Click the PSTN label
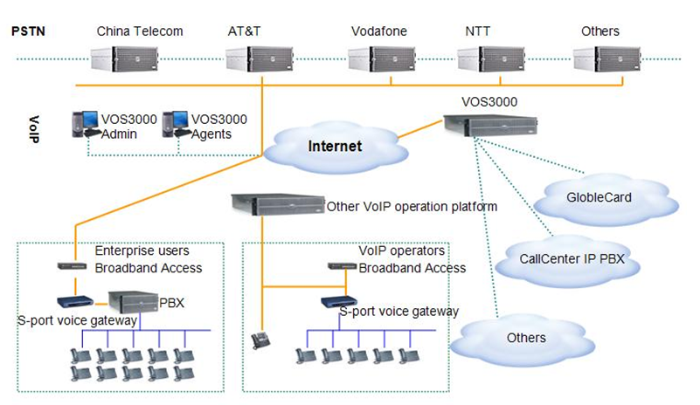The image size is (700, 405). (28, 31)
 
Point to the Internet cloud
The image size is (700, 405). (334, 145)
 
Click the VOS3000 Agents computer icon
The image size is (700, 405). (176, 125)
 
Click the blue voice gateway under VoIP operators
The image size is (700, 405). (336, 303)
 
